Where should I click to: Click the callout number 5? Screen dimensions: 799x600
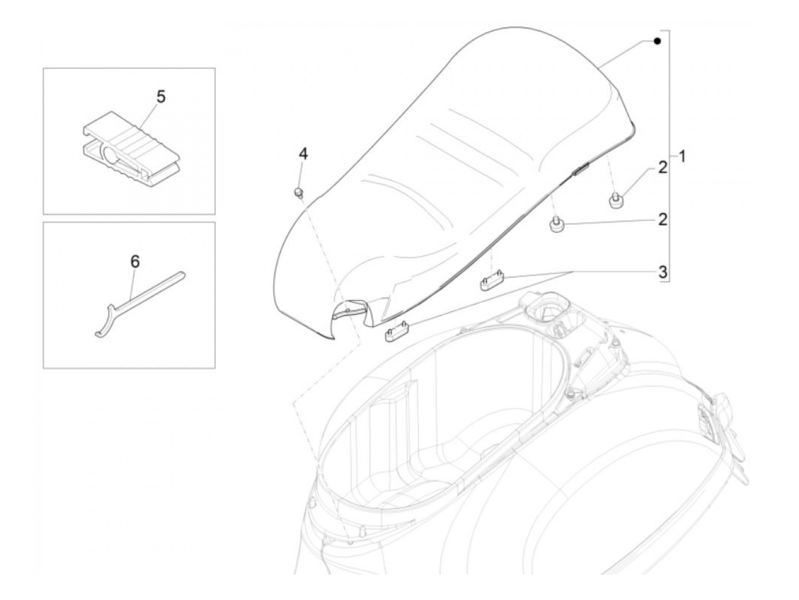pyautogui.click(x=161, y=97)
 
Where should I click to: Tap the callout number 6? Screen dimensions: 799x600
pyautogui.click(x=135, y=262)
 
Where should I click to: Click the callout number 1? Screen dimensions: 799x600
pyautogui.click(x=683, y=155)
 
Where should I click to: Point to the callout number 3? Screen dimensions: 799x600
pyautogui.click(x=663, y=272)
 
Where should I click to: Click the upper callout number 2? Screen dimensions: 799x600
pyautogui.click(x=662, y=168)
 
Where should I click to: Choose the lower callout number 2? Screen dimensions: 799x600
pyautogui.click(x=662, y=219)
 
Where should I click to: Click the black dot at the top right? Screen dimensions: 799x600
pyautogui.click(x=657, y=41)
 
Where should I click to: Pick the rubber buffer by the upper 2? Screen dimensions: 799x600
pyautogui.click(x=615, y=201)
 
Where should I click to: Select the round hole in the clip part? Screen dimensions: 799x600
pyautogui.click(x=111, y=155)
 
